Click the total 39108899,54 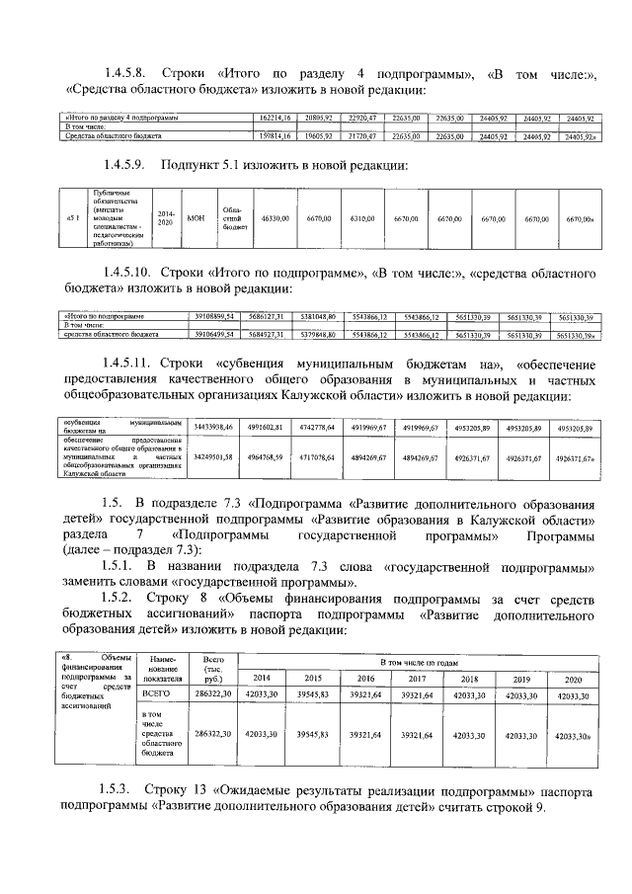point(214,316)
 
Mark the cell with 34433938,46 point(214,426)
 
